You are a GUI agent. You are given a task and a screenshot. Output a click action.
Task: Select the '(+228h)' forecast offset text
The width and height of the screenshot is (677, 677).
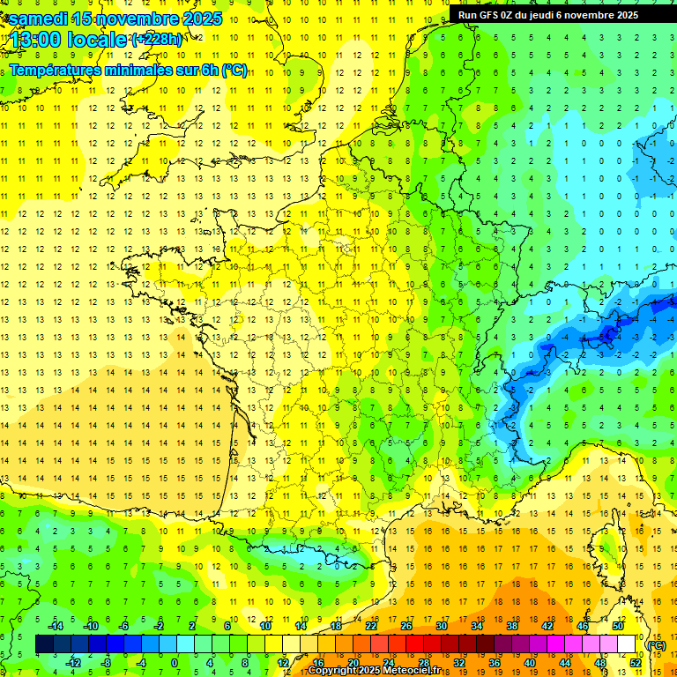point(157,39)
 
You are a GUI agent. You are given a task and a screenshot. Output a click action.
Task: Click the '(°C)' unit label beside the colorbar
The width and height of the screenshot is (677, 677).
point(656,644)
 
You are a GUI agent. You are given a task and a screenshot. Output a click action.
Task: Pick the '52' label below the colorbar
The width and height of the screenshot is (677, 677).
point(636,662)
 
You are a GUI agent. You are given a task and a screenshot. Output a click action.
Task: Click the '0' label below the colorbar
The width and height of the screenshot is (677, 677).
point(175,662)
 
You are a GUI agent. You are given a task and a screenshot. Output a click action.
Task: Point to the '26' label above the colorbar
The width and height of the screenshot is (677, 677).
point(406,625)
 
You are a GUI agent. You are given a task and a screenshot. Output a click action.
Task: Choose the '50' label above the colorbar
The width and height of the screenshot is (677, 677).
point(618,625)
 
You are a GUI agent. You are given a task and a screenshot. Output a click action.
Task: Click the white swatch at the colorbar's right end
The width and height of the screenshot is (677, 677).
point(627,644)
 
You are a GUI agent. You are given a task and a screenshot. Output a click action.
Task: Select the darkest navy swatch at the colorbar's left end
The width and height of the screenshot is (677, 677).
point(44,644)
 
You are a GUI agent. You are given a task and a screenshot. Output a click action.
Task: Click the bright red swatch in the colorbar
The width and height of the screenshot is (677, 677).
point(415,644)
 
